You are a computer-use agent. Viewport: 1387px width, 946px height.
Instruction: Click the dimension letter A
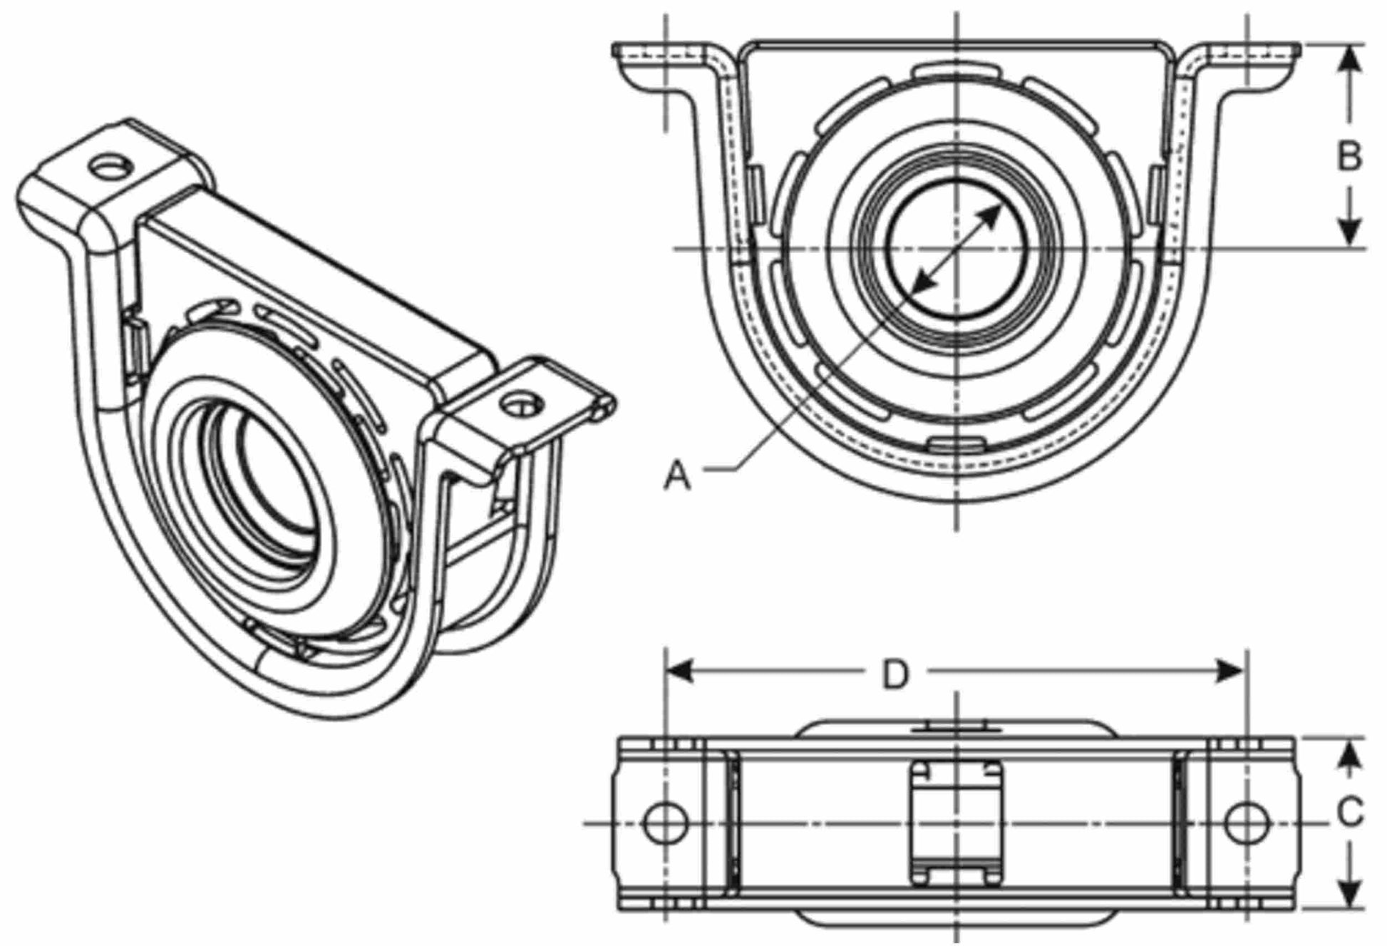click(x=677, y=475)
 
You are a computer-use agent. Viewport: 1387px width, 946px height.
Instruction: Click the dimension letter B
click(x=1349, y=156)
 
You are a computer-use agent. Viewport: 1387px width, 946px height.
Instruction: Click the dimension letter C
click(x=1349, y=812)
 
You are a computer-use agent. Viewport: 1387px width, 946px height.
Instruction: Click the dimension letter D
click(x=896, y=674)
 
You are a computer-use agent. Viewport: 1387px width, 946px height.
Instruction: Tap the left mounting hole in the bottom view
click(x=666, y=822)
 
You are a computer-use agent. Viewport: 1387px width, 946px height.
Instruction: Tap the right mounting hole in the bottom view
click(x=1247, y=822)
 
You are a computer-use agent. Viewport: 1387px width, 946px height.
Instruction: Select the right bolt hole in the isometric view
click(x=520, y=404)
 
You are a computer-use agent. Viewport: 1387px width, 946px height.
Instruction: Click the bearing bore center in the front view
click(x=957, y=248)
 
